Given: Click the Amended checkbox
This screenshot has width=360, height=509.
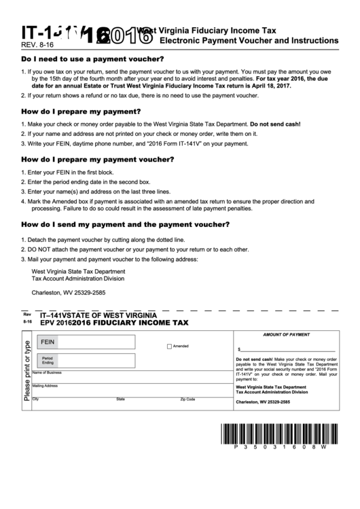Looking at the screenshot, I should [170, 347].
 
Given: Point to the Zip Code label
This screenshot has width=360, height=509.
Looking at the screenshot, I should [187, 400].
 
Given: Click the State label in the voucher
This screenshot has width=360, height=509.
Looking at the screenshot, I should [120, 400].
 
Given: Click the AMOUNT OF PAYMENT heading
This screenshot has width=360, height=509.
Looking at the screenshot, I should [285, 335].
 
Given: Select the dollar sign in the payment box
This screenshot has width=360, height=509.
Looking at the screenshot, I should [239, 348].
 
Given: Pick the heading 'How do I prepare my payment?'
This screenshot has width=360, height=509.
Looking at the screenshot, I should [81, 111].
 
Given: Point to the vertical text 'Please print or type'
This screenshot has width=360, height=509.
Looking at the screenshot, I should [27, 370].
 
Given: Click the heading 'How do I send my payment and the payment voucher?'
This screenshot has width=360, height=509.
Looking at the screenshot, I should [125, 224].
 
